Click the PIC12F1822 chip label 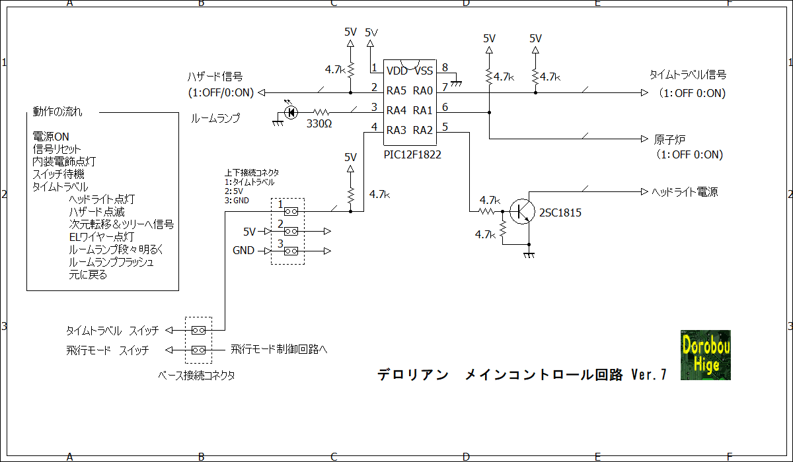pos(412,155)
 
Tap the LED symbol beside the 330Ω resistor pos(290,113)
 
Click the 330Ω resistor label pos(320,124)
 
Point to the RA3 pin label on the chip pos(397,130)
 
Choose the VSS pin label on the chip pos(423,71)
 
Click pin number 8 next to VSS pos(445,67)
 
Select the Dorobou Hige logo pos(705,354)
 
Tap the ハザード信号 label pos(214,77)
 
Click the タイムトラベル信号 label pos(688,75)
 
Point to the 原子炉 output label pos(669,139)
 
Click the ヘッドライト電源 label pos(685,192)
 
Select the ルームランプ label pos(215,119)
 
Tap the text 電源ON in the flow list pos(51,136)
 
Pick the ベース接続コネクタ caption pos(196,376)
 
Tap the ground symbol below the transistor pos(529,254)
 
